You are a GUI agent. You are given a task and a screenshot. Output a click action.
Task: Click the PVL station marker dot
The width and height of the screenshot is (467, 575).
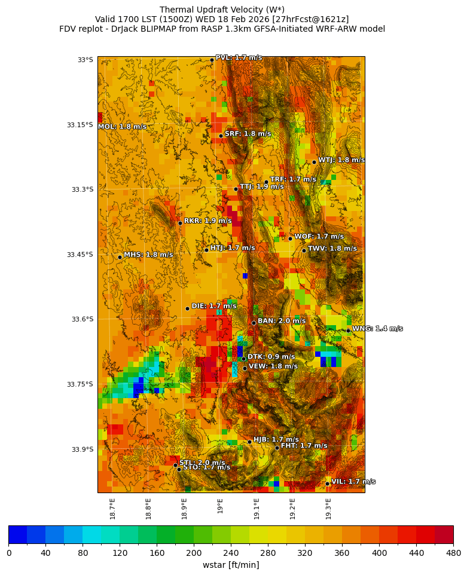212,60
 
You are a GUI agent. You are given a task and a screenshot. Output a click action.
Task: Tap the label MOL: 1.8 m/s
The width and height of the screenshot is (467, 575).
122,127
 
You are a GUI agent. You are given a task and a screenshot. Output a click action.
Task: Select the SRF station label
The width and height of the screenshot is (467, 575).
248,134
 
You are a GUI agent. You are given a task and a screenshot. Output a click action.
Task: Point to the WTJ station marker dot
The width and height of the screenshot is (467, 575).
314,162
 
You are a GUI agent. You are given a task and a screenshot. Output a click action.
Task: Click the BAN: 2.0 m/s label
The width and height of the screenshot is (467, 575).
282,321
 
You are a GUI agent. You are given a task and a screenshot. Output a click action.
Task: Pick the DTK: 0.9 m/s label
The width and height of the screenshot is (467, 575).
271,357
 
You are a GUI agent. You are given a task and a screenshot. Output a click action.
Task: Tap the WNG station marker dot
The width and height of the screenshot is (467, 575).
348,331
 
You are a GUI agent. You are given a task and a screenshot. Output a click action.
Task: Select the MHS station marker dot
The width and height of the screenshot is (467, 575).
120,257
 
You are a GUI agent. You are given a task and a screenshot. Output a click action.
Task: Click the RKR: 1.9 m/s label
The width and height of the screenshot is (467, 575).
207,221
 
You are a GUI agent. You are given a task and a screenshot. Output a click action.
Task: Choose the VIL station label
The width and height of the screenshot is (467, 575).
353,482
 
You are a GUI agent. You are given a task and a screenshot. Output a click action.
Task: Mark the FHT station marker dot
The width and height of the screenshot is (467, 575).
277,448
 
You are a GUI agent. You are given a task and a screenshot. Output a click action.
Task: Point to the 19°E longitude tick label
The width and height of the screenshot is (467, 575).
220,506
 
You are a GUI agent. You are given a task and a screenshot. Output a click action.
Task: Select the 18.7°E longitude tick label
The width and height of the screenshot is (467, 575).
112,508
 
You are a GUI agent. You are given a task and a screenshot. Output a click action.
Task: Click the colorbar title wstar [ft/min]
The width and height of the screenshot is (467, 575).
231,565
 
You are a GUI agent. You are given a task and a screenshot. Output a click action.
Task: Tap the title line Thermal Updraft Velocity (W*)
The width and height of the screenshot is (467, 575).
222,10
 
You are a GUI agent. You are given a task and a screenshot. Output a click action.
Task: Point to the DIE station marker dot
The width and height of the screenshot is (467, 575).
187,308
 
